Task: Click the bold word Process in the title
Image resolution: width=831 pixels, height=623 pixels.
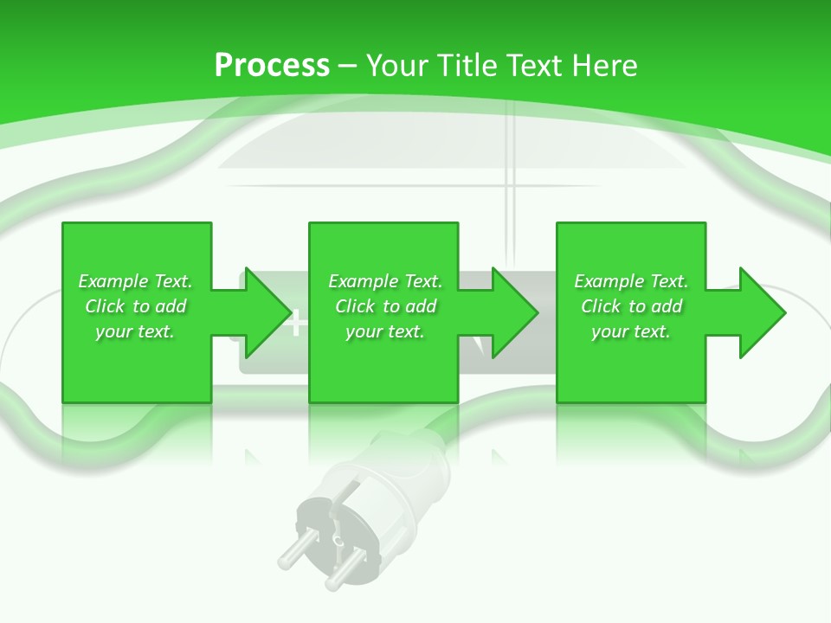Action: [x=272, y=66]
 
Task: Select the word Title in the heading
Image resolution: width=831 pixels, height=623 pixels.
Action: [x=461, y=66]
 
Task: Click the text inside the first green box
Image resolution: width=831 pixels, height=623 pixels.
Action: [x=135, y=306]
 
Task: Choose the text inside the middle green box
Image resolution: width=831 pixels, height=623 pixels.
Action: [x=385, y=306]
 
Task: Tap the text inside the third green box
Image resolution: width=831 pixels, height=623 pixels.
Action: [x=631, y=306]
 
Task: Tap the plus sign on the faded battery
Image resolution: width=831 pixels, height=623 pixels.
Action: [x=296, y=324]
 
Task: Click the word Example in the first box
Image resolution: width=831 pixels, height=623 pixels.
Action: [x=113, y=281]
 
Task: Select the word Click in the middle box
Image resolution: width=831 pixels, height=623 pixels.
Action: [x=355, y=306]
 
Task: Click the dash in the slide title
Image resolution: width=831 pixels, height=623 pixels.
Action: [x=348, y=66]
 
